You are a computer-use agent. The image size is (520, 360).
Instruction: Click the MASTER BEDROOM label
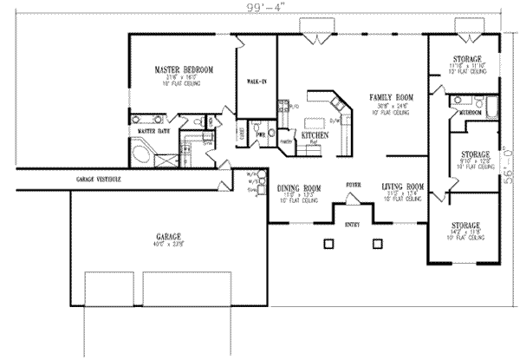[183, 69]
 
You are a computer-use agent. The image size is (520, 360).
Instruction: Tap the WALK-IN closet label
[256, 82]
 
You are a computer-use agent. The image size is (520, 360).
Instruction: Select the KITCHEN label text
[314, 136]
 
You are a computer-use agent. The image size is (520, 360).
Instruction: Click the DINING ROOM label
[299, 187]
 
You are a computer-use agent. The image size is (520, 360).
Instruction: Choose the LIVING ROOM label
[403, 187]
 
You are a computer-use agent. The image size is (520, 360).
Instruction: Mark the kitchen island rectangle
[315, 112]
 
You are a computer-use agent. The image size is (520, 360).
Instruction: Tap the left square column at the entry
[328, 244]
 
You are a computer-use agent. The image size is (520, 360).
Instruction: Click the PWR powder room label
[259, 135]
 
